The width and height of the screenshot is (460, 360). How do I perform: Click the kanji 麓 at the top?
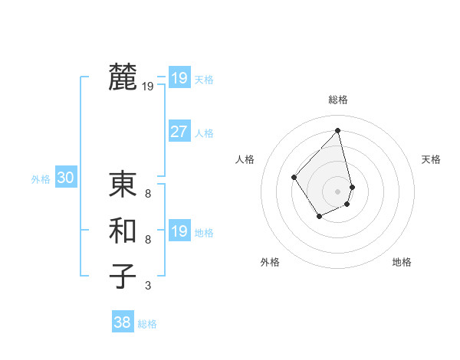(123, 77)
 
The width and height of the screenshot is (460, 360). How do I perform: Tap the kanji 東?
(123, 185)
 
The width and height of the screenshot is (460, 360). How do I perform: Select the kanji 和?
(123, 231)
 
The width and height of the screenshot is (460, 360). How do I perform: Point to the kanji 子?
(123, 277)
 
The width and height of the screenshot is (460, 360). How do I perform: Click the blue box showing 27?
(179, 132)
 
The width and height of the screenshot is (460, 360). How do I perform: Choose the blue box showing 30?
(65, 178)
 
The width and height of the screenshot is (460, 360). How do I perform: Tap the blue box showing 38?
(123, 322)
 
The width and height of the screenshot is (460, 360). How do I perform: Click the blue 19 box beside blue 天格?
(179, 78)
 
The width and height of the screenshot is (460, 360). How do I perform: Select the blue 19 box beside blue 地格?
(179, 231)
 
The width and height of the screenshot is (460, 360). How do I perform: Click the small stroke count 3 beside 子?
(147, 286)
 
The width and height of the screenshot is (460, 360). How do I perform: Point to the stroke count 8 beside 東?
(147, 194)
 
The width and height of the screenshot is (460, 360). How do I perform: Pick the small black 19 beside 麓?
(147, 87)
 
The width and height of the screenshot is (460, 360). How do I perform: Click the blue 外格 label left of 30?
(41, 179)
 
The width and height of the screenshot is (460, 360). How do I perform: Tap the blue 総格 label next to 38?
(147, 324)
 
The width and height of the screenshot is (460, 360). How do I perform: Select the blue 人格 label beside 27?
(204, 133)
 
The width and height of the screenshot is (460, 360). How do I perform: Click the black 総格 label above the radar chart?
(337, 100)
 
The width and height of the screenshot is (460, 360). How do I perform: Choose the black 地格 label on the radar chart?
(402, 262)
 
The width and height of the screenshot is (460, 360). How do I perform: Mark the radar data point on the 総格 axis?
(337, 131)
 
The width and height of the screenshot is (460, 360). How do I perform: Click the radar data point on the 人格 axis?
(294, 177)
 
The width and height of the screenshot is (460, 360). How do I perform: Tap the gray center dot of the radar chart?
(337, 191)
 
